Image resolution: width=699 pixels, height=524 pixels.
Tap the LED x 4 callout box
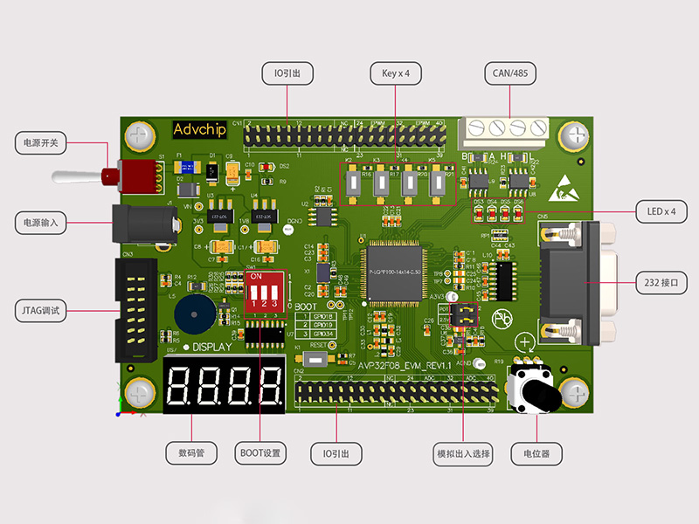661,211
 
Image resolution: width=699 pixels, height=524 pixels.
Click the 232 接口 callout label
661,283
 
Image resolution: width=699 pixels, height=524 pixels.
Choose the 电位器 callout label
536,453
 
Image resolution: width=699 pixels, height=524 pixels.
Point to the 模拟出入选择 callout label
463,453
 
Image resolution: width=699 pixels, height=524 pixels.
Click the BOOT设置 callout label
260,453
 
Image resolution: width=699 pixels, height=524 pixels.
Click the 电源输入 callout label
40,223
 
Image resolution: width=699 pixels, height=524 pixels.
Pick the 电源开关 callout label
40,142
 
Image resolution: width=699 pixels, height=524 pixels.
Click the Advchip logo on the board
199,129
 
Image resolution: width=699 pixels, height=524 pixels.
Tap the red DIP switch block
263,290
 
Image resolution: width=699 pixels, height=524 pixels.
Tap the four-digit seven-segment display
224,385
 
